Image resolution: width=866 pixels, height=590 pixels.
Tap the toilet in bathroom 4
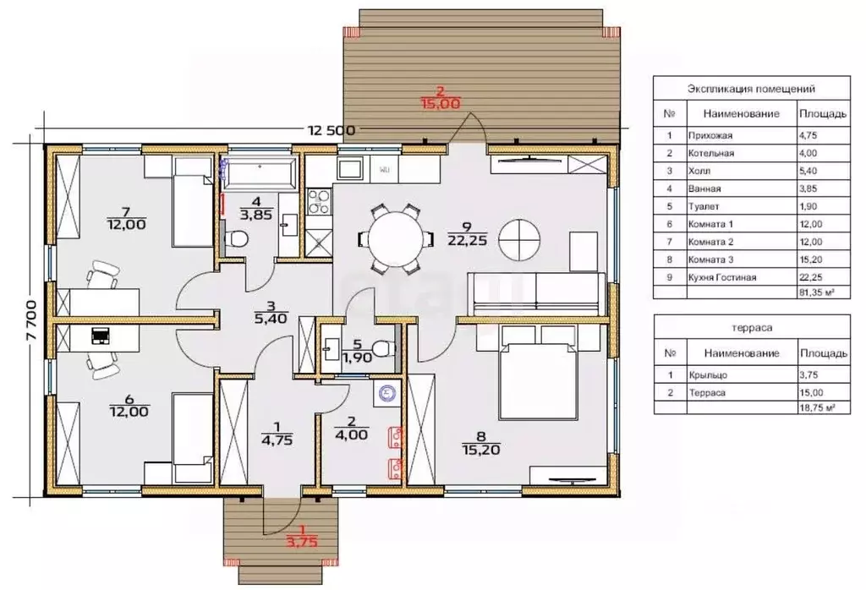click(236, 239)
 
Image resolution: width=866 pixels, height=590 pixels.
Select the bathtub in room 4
click(259, 171)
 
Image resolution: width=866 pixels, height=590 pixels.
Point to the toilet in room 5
click(383, 349)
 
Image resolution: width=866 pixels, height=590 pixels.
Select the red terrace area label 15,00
click(440, 103)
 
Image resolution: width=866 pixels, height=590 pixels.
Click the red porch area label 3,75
click(302, 542)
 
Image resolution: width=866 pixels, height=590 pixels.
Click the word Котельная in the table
click(710, 154)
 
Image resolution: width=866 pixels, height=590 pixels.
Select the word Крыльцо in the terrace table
click(708, 375)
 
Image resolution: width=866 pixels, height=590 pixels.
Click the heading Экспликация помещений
click(751, 89)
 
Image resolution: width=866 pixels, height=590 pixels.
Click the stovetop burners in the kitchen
click(319, 201)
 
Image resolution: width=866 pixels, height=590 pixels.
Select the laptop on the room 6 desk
click(100, 335)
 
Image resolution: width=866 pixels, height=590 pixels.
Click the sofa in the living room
click(535, 293)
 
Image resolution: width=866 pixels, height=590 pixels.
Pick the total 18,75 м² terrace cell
click(817, 408)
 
